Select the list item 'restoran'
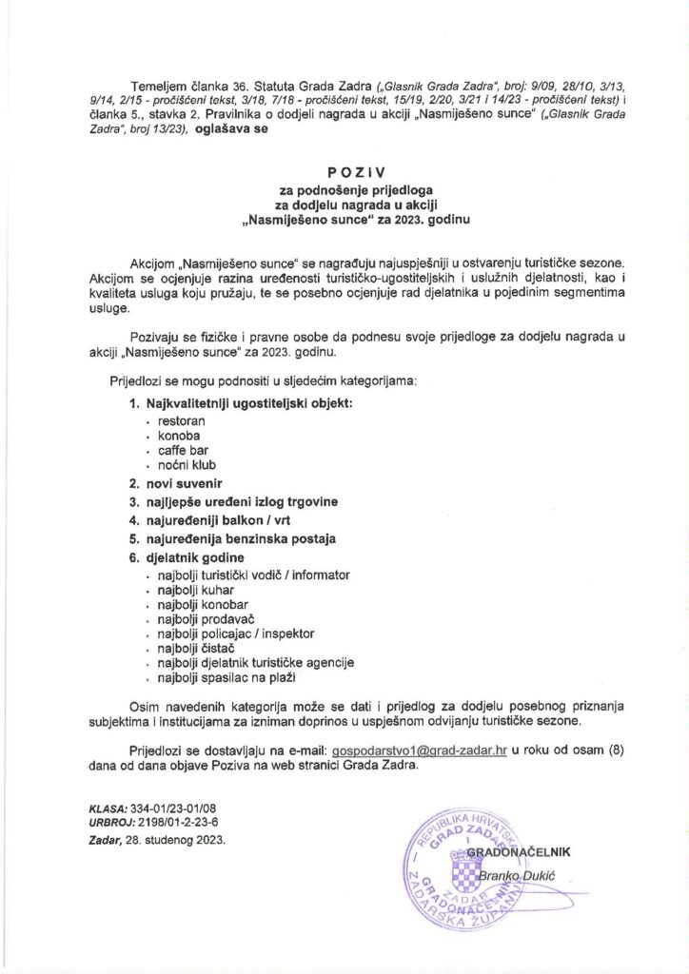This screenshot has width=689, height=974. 182,419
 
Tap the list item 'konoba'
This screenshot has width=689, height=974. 180,435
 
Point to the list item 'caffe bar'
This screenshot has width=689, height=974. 184,450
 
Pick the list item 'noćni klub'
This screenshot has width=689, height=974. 187,465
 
